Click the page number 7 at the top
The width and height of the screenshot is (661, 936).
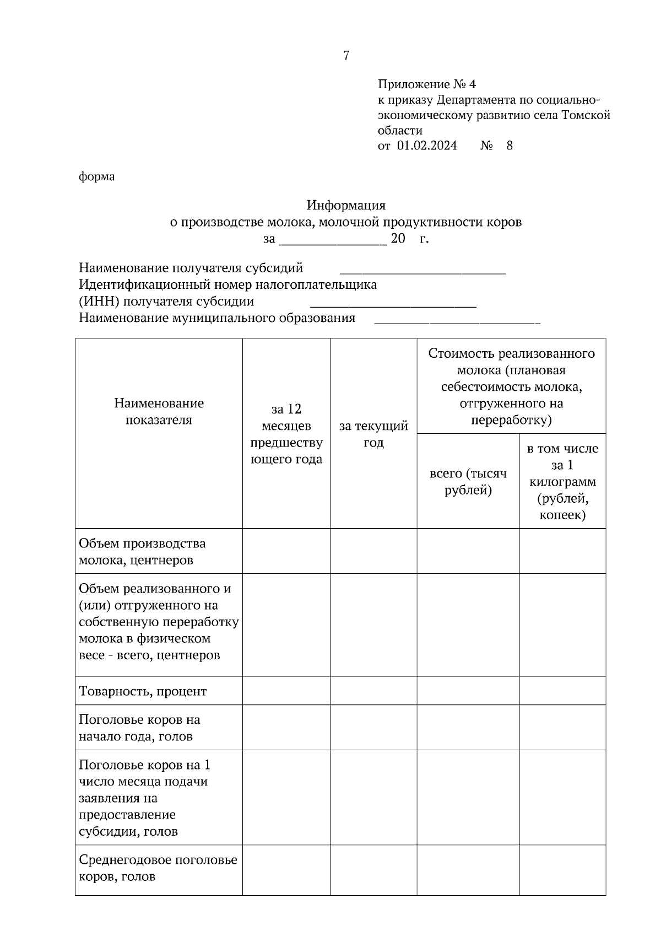pos(346,56)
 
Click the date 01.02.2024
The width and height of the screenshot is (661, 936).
pos(426,146)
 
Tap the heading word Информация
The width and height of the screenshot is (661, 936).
pos(346,206)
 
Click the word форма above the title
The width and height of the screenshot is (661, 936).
pos(97,177)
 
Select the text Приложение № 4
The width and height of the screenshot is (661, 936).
pos(426,84)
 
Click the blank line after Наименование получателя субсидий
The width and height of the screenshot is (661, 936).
pos(422,271)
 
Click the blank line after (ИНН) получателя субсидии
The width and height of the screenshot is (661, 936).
pos(393,304)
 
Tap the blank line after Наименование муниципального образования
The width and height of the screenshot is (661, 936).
pos(457,321)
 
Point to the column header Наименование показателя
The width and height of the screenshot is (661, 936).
pos(159,411)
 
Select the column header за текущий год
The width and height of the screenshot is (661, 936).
pos(373,434)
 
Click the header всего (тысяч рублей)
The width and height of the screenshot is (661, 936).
pos(468,482)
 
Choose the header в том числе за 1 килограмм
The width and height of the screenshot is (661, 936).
pos(562,481)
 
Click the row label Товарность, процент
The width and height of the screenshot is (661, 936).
pos(143,691)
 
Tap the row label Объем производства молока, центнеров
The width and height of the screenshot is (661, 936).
pos(142,552)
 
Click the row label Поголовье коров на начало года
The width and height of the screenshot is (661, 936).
pos(139,728)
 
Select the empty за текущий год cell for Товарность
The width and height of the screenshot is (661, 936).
pos(373,691)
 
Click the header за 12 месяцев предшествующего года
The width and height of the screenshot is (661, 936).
pos(286,434)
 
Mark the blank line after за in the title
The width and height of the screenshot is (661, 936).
pos(333,241)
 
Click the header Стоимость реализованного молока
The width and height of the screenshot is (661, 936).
pos(511,386)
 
